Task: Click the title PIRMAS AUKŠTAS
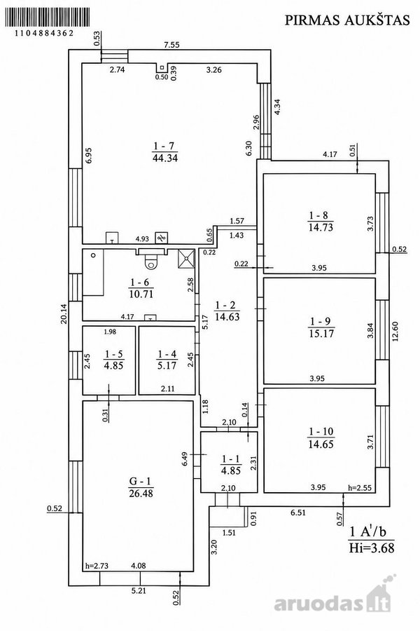347,20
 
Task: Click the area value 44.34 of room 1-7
164,158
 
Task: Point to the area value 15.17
321,334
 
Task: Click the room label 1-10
321,432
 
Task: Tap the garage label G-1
141,481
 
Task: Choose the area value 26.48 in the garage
141,494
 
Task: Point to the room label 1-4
167,354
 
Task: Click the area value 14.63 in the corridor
227,317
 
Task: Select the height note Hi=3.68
372,548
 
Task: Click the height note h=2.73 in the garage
97,566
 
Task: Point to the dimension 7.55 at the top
171,45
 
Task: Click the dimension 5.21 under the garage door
139,591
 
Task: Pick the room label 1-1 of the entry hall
231,459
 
